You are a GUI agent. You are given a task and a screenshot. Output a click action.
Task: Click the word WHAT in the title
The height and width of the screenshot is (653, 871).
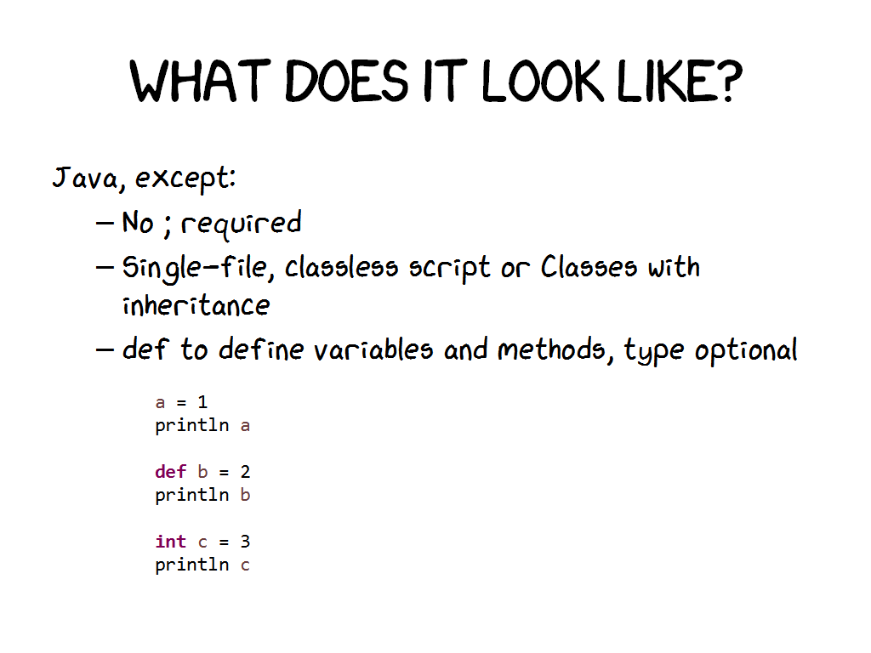tap(201, 81)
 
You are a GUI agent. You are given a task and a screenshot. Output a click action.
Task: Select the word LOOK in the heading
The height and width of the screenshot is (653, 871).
tap(543, 81)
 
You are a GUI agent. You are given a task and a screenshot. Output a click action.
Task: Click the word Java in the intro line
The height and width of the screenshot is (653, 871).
tap(86, 179)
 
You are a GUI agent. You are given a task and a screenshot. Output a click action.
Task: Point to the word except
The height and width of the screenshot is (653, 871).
tap(185, 179)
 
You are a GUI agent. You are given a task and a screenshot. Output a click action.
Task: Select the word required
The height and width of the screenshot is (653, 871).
tap(241, 224)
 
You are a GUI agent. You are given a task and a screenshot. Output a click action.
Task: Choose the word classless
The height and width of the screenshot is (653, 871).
tap(341, 267)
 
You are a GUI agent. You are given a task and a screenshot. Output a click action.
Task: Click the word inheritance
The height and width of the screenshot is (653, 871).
tap(196, 305)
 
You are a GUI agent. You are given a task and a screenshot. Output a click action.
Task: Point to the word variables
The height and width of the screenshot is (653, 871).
tap(373, 349)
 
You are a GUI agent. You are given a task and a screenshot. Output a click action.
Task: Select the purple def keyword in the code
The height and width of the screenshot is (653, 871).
tap(170, 472)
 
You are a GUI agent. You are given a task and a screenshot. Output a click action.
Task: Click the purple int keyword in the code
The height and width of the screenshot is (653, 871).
tap(170, 542)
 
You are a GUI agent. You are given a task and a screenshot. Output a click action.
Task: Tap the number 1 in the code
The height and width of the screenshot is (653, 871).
tap(202, 402)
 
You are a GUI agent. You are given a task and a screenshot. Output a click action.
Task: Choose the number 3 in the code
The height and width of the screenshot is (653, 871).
tap(245, 542)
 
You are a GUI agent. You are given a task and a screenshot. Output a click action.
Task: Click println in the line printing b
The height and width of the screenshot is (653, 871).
tap(192, 496)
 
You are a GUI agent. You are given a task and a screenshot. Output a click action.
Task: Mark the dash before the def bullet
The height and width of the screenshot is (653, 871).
tap(105, 350)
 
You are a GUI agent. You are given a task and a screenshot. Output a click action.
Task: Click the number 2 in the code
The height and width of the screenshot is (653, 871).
tap(245, 472)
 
